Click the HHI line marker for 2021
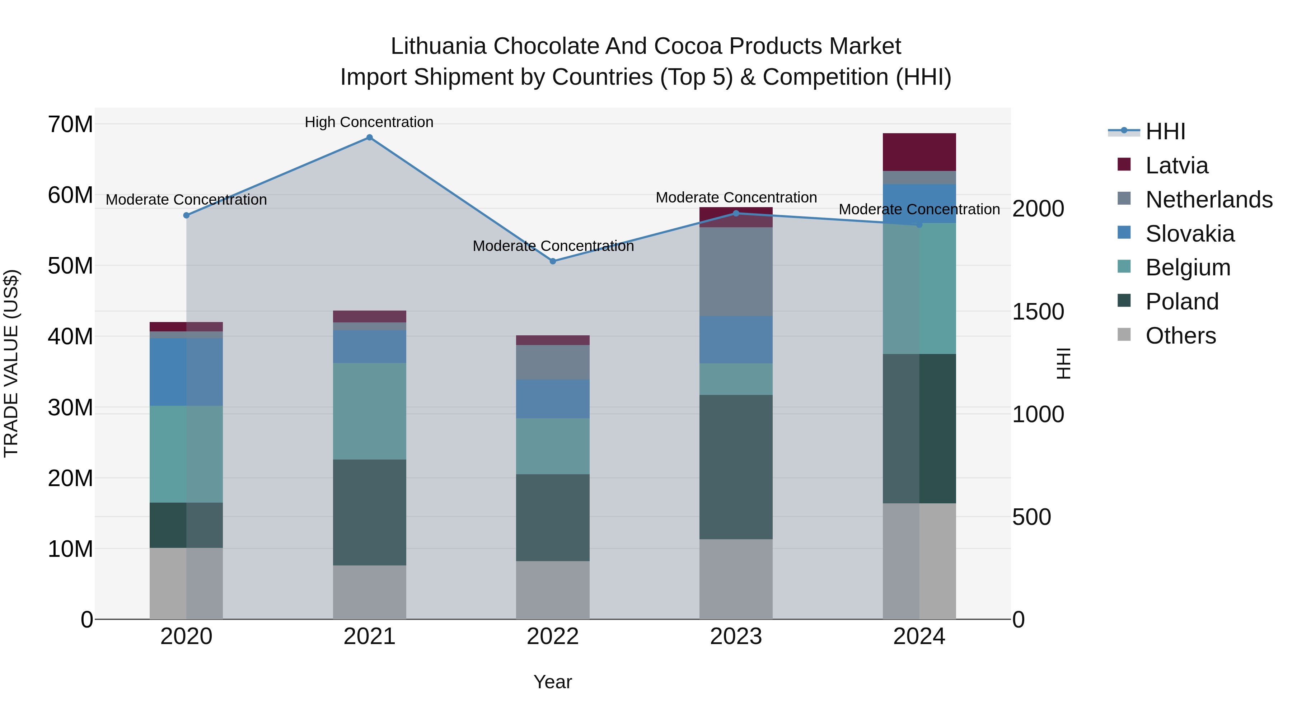click(x=369, y=138)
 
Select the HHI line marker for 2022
click(x=553, y=261)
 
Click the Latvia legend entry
click(x=1177, y=166)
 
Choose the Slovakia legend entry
click(x=1190, y=234)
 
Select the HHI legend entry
click(x=1165, y=131)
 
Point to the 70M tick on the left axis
click(x=70, y=125)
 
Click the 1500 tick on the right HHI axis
click(x=1038, y=312)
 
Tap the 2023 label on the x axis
click(x=736, y=637)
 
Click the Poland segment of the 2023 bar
click(x=736, y=467)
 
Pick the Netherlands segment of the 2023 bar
click(x=736, y=271)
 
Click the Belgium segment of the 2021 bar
click(x=369, y=411)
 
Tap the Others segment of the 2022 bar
click(x=553, y=589)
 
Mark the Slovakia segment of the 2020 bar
click(x=186, y=372)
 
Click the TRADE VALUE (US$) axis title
click(x=11, y=363)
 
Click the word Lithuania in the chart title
click(x=438, y=46)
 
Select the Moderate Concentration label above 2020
click(x=186, y=200)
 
